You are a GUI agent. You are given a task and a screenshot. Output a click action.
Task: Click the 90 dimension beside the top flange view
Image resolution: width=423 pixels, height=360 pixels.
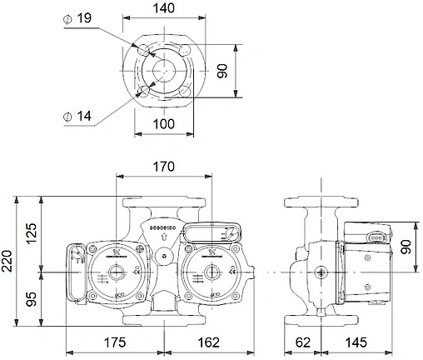click(x=223, y=70)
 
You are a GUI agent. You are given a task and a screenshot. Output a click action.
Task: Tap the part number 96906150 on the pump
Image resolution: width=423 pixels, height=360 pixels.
click(x=163, y=227)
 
